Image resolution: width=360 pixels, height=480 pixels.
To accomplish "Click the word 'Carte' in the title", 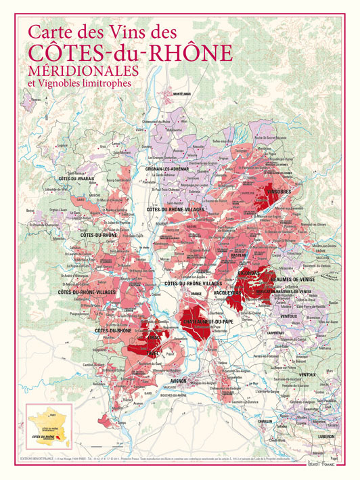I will point(51,32).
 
